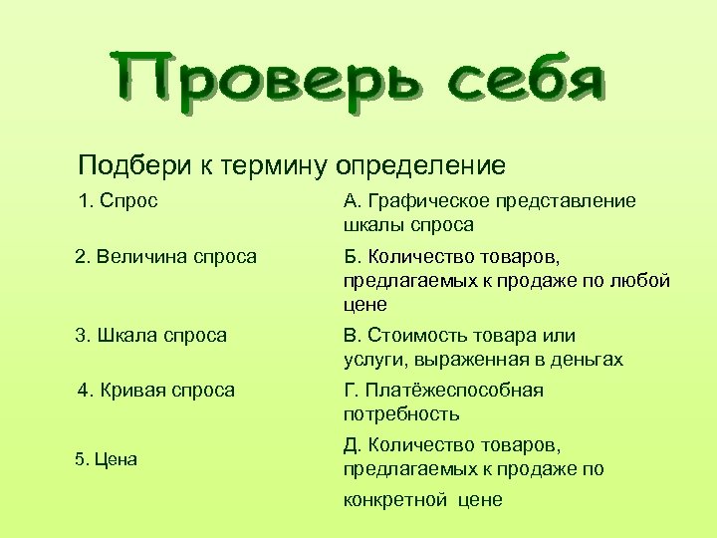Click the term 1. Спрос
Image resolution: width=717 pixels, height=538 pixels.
point(118,201)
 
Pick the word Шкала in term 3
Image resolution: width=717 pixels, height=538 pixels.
point(130,336)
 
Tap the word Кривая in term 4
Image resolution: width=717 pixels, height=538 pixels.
point(137,390)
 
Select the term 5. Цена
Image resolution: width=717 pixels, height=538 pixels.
point(106,459)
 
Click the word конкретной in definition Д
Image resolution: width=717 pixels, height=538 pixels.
point(395,500)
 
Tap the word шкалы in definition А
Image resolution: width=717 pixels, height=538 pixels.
point(371,225)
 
